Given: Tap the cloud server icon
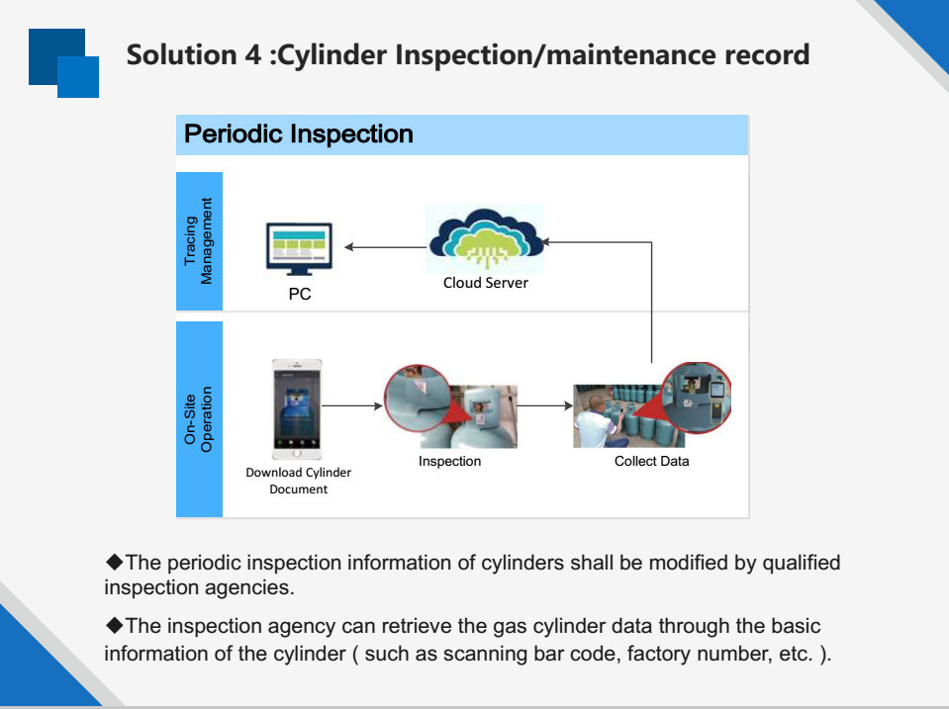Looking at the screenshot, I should (486, 238).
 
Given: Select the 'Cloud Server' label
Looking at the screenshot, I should (485, 283).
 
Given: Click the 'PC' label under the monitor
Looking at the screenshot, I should (299, 294).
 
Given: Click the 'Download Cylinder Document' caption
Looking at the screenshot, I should (298, 481).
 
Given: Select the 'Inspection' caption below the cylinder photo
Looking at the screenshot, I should (449, 461).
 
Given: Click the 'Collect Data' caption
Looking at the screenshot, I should (651, 461).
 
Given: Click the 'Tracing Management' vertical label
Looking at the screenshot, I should (199, 241).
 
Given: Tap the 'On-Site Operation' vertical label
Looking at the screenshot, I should (199, 419).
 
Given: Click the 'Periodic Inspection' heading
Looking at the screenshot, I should (299, 134).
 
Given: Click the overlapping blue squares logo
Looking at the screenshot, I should (64, 63).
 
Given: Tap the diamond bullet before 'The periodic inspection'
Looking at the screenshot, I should (114, 563).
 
